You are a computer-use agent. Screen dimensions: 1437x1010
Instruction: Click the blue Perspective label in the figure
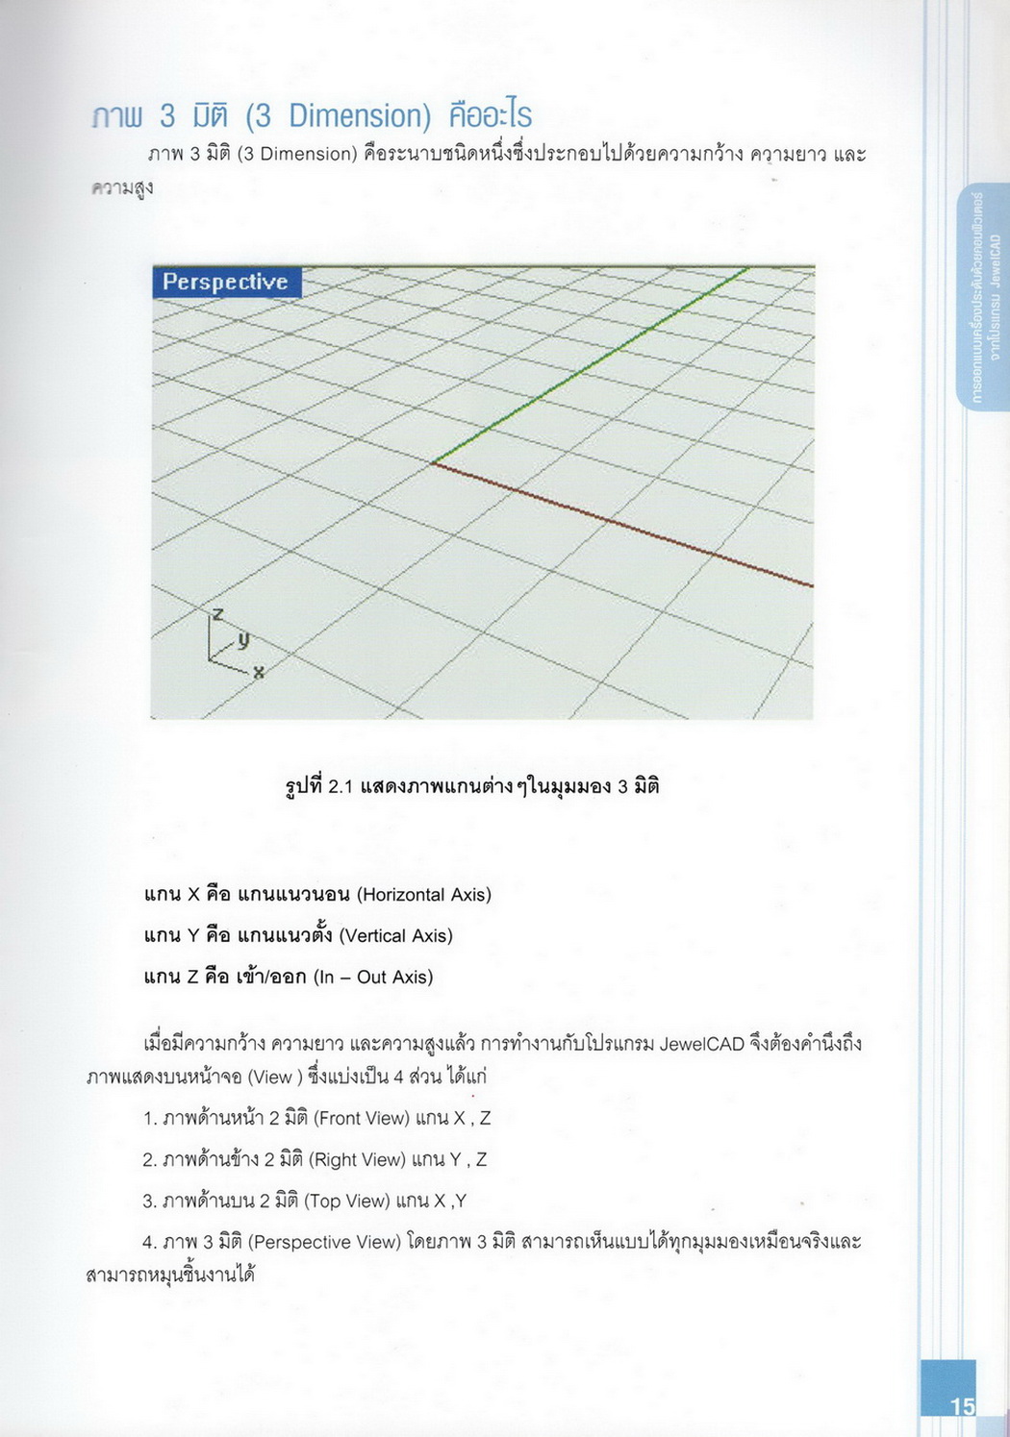[x=226, y=282]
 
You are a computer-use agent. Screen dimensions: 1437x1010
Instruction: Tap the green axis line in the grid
[x=589, y=366]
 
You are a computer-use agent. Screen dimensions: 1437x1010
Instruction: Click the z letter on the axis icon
[x=218, y=614]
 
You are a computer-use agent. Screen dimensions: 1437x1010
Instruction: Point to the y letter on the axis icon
[x=243, y=639]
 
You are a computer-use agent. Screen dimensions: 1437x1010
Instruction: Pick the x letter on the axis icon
[x=259, y=673]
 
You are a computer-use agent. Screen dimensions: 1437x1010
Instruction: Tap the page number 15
[x=962, y=1406]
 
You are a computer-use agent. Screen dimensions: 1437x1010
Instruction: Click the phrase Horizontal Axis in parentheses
[x=424, y=895]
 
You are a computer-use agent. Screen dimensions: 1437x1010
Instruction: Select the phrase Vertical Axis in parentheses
[x=395, y=936]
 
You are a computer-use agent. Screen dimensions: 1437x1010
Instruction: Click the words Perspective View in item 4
[x=324, y=1243]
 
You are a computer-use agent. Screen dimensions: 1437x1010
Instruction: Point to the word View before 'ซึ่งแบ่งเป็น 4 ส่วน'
[x=272, y=1078]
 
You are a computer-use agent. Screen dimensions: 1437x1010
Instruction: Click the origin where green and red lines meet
[x=432, y=463]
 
